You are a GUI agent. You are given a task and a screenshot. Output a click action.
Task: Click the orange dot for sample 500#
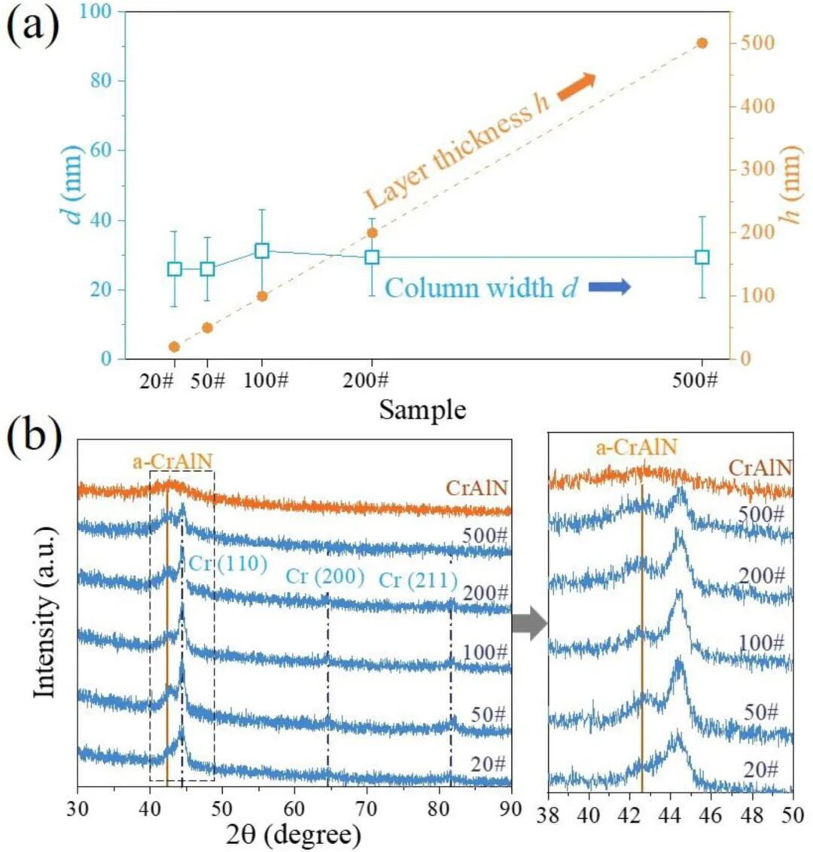[x=702, y=43]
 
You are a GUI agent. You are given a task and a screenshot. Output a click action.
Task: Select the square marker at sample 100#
[x=262, y=251]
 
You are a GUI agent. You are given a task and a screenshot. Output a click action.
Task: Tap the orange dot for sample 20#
[x=174, y=346]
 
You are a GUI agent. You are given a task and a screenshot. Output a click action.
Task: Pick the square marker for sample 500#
[x=702, y=257]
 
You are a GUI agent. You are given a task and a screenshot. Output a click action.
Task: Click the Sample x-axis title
[x=422, y=409]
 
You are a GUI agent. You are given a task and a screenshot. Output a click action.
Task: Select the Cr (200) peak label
[x=325, y=577]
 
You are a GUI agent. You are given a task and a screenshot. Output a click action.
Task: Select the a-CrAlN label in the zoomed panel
[x=637, y=448]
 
